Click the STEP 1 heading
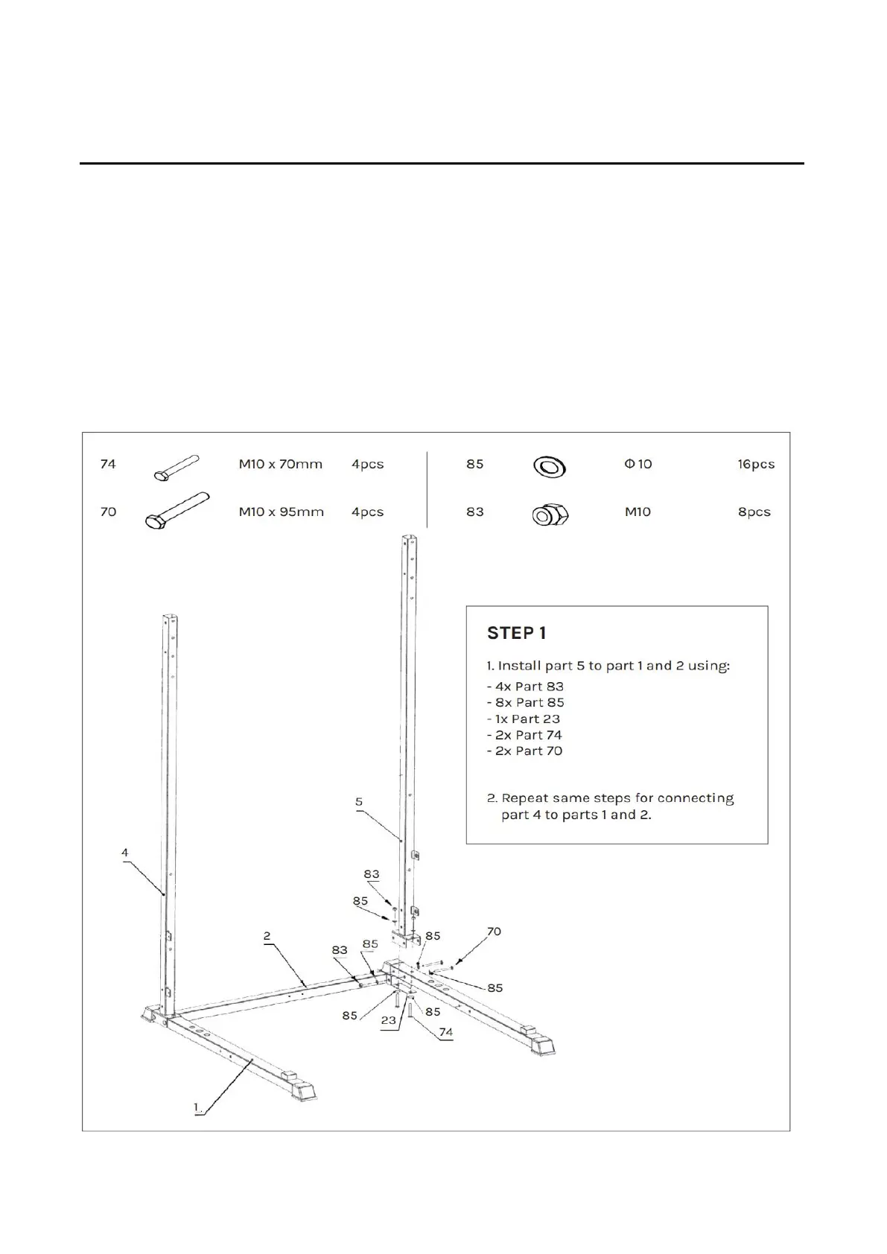coord(516,633)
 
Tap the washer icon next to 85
coord(549,467)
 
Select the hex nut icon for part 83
coord(550,515)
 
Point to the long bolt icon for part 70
coord(176,512)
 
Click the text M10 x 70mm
coord(280,464)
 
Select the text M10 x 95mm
coord(281,512)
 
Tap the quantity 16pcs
coord(755,464)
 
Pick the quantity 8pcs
coord(754,512)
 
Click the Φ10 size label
coord(638,464)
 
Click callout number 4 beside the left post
coord(125,852)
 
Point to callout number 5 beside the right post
coord(359,801)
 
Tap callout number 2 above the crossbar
coord(267,936)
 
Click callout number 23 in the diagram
coord(388,1020)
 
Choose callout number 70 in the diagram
coord(493,931)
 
